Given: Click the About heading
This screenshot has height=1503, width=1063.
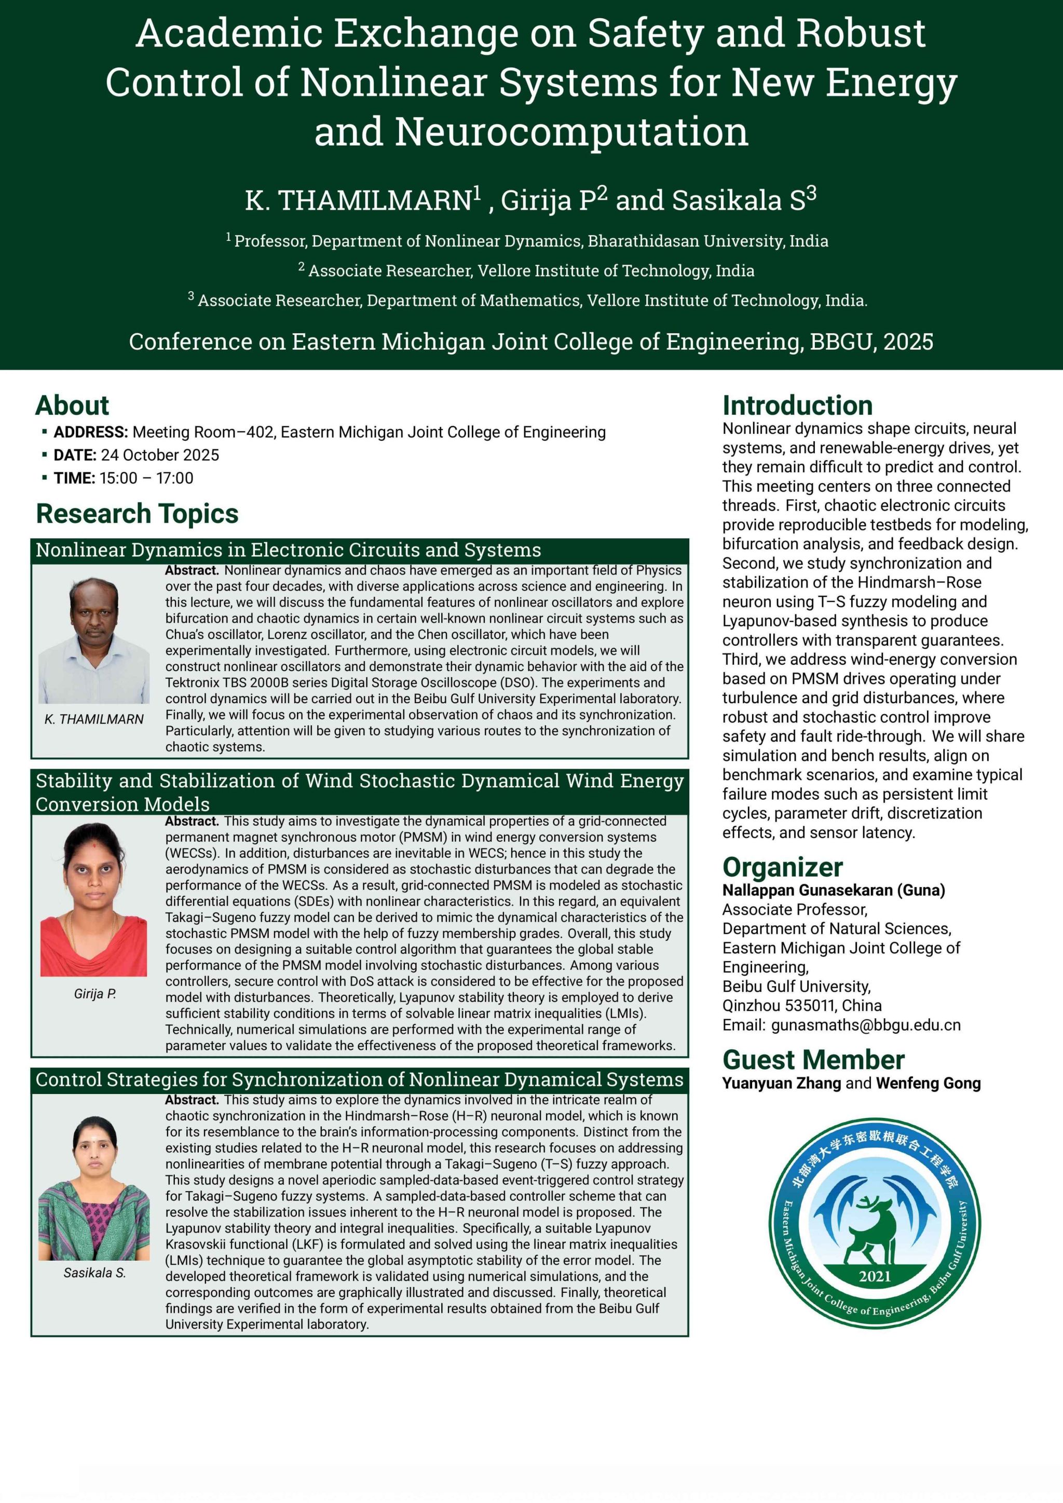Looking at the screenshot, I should tap(72, 405).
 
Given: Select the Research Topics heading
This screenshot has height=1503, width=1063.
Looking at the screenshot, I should tap(137, 514).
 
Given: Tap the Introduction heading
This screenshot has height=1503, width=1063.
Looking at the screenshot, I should tap(797, 406).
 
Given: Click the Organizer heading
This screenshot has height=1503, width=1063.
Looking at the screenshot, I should tap(782, 867).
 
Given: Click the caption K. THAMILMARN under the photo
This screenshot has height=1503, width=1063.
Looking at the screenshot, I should tap(94, 719).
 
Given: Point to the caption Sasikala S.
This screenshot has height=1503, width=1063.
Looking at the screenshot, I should tap(94, 1273).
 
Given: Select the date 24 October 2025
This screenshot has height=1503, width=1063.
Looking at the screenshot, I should tap(160, 455).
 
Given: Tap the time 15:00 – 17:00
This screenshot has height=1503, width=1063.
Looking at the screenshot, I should tap(146, 478).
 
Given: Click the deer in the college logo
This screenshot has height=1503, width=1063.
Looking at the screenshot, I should tap(870, 1227).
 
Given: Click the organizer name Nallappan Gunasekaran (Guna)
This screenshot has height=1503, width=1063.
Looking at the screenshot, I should tap(833, 890).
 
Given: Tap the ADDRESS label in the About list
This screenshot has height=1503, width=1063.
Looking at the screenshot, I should tap(90, 432).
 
